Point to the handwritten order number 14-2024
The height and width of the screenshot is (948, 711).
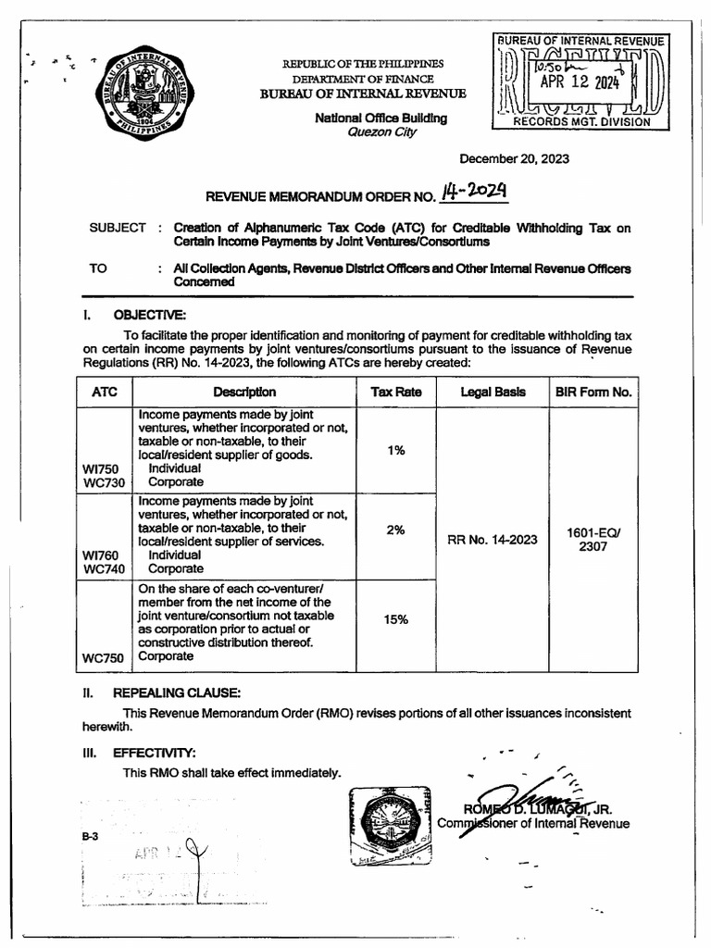click(459, 192)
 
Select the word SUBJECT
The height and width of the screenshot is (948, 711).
click(118, 228)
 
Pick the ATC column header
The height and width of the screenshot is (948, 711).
click(105, 392)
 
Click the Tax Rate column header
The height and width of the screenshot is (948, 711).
click(396, 392)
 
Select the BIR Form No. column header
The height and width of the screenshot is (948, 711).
click(593, 392)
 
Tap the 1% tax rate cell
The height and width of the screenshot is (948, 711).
click(396, 449)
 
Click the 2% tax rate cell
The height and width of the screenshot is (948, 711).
click(396, 531)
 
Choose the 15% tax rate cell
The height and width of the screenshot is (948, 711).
click(396, 618)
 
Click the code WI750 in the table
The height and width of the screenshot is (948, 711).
click(104, 469)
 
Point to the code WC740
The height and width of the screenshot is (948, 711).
click(104, 569)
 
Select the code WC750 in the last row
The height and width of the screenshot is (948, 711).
click(104, 657)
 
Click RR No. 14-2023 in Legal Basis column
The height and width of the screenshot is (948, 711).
click(492, 540)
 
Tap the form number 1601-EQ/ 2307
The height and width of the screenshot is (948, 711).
click(593, 540)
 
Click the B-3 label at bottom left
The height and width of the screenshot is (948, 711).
click(90, 835)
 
